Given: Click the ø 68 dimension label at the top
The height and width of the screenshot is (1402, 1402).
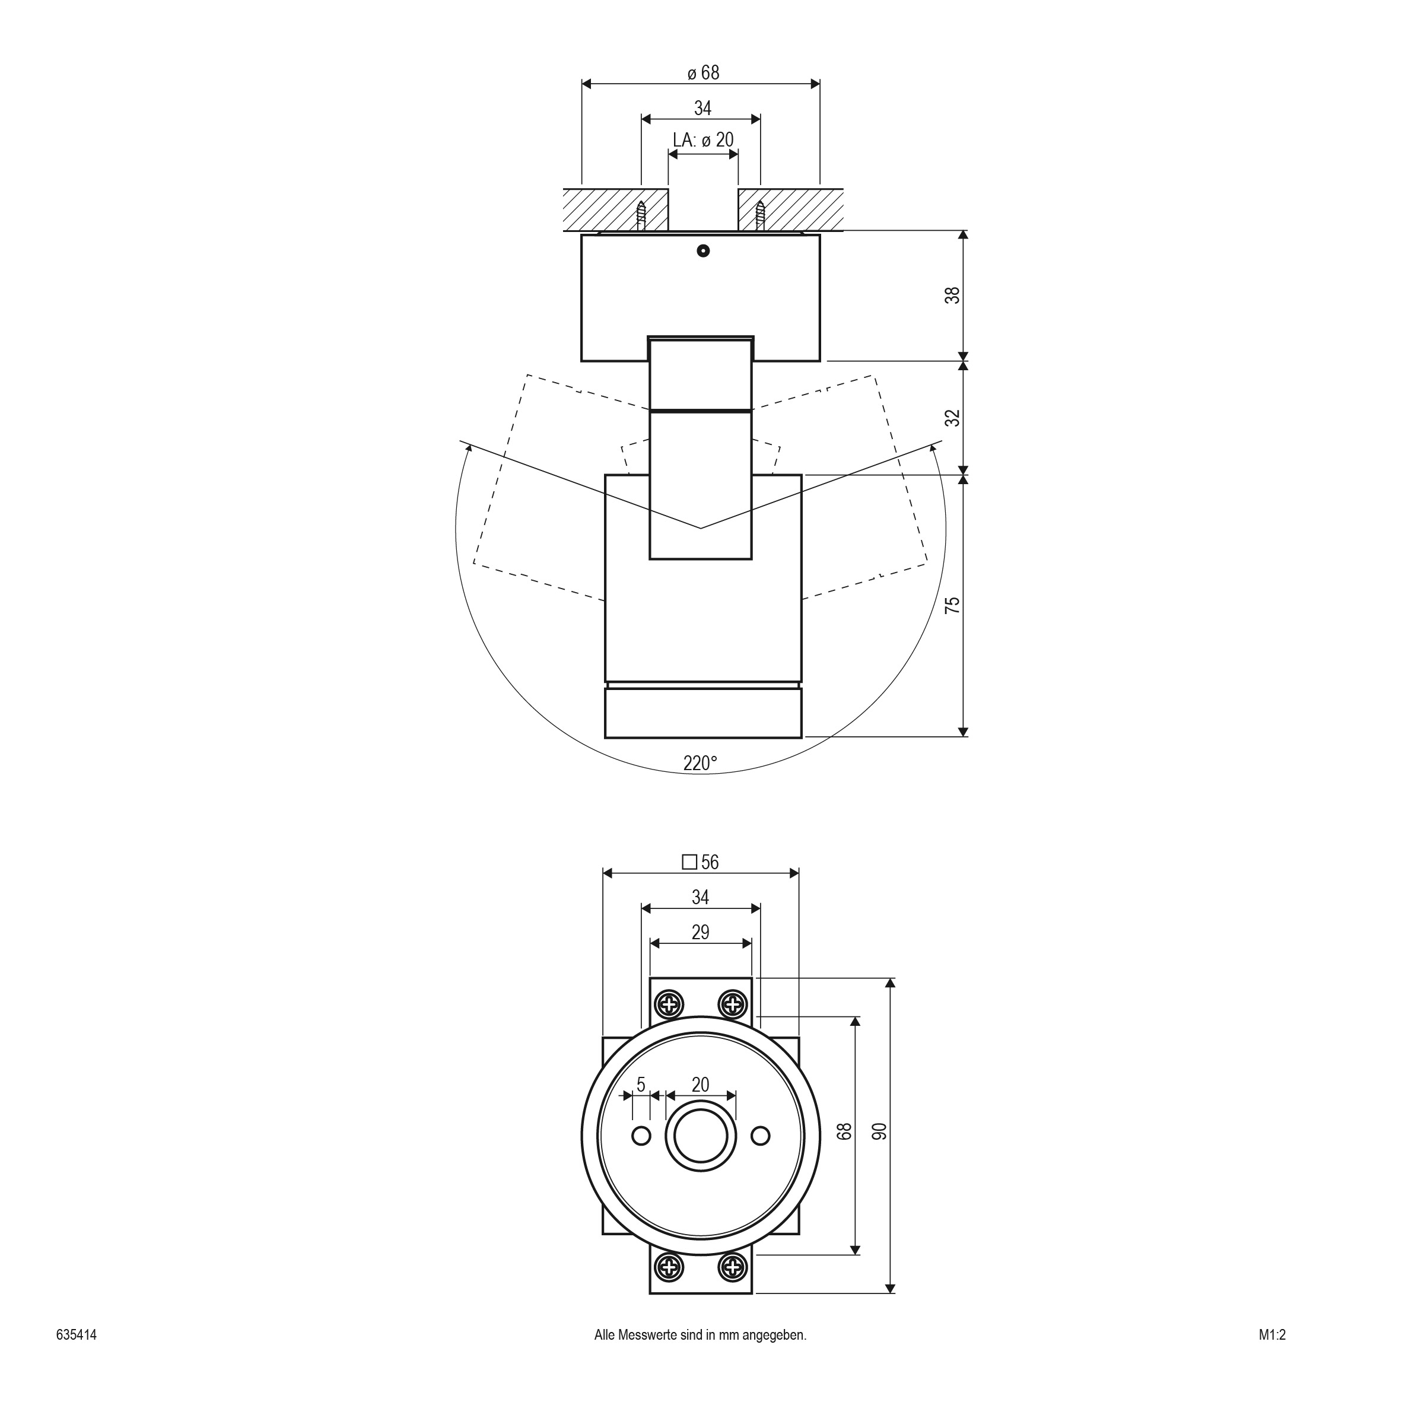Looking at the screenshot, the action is [702, 72].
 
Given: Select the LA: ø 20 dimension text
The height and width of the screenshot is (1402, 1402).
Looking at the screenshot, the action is [702, 140].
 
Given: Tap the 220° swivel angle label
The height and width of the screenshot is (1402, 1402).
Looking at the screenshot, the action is [700, 764].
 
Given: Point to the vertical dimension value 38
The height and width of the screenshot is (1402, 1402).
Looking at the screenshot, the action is [952, 295].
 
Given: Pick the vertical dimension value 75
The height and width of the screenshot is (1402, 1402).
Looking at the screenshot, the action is [952, 605].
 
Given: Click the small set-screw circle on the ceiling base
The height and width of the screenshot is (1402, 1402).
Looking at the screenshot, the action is [702, 251].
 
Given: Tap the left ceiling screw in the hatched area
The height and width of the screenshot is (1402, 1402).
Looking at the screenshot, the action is [641, 215].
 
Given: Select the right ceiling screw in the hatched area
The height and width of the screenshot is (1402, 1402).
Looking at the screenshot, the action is [760, 215].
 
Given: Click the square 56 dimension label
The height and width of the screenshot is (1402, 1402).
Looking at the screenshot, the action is [700, 862].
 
